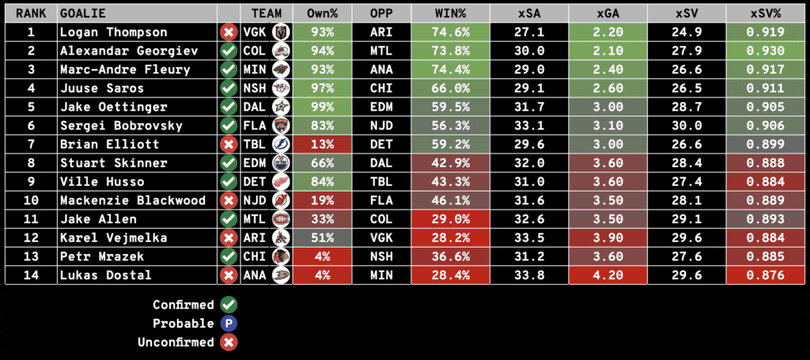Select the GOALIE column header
[x=83, y=13]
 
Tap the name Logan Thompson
[x=114, y=32]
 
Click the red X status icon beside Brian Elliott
[x=229, y=145]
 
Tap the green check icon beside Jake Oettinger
[x=229, y=107]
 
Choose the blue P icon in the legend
[x=229, y=323]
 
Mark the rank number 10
[x=31, y=200]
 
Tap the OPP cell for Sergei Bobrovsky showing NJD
[x=383, y=126]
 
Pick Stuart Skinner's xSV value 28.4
[x=685, y=163]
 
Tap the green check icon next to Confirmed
[x=229, y=305]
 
